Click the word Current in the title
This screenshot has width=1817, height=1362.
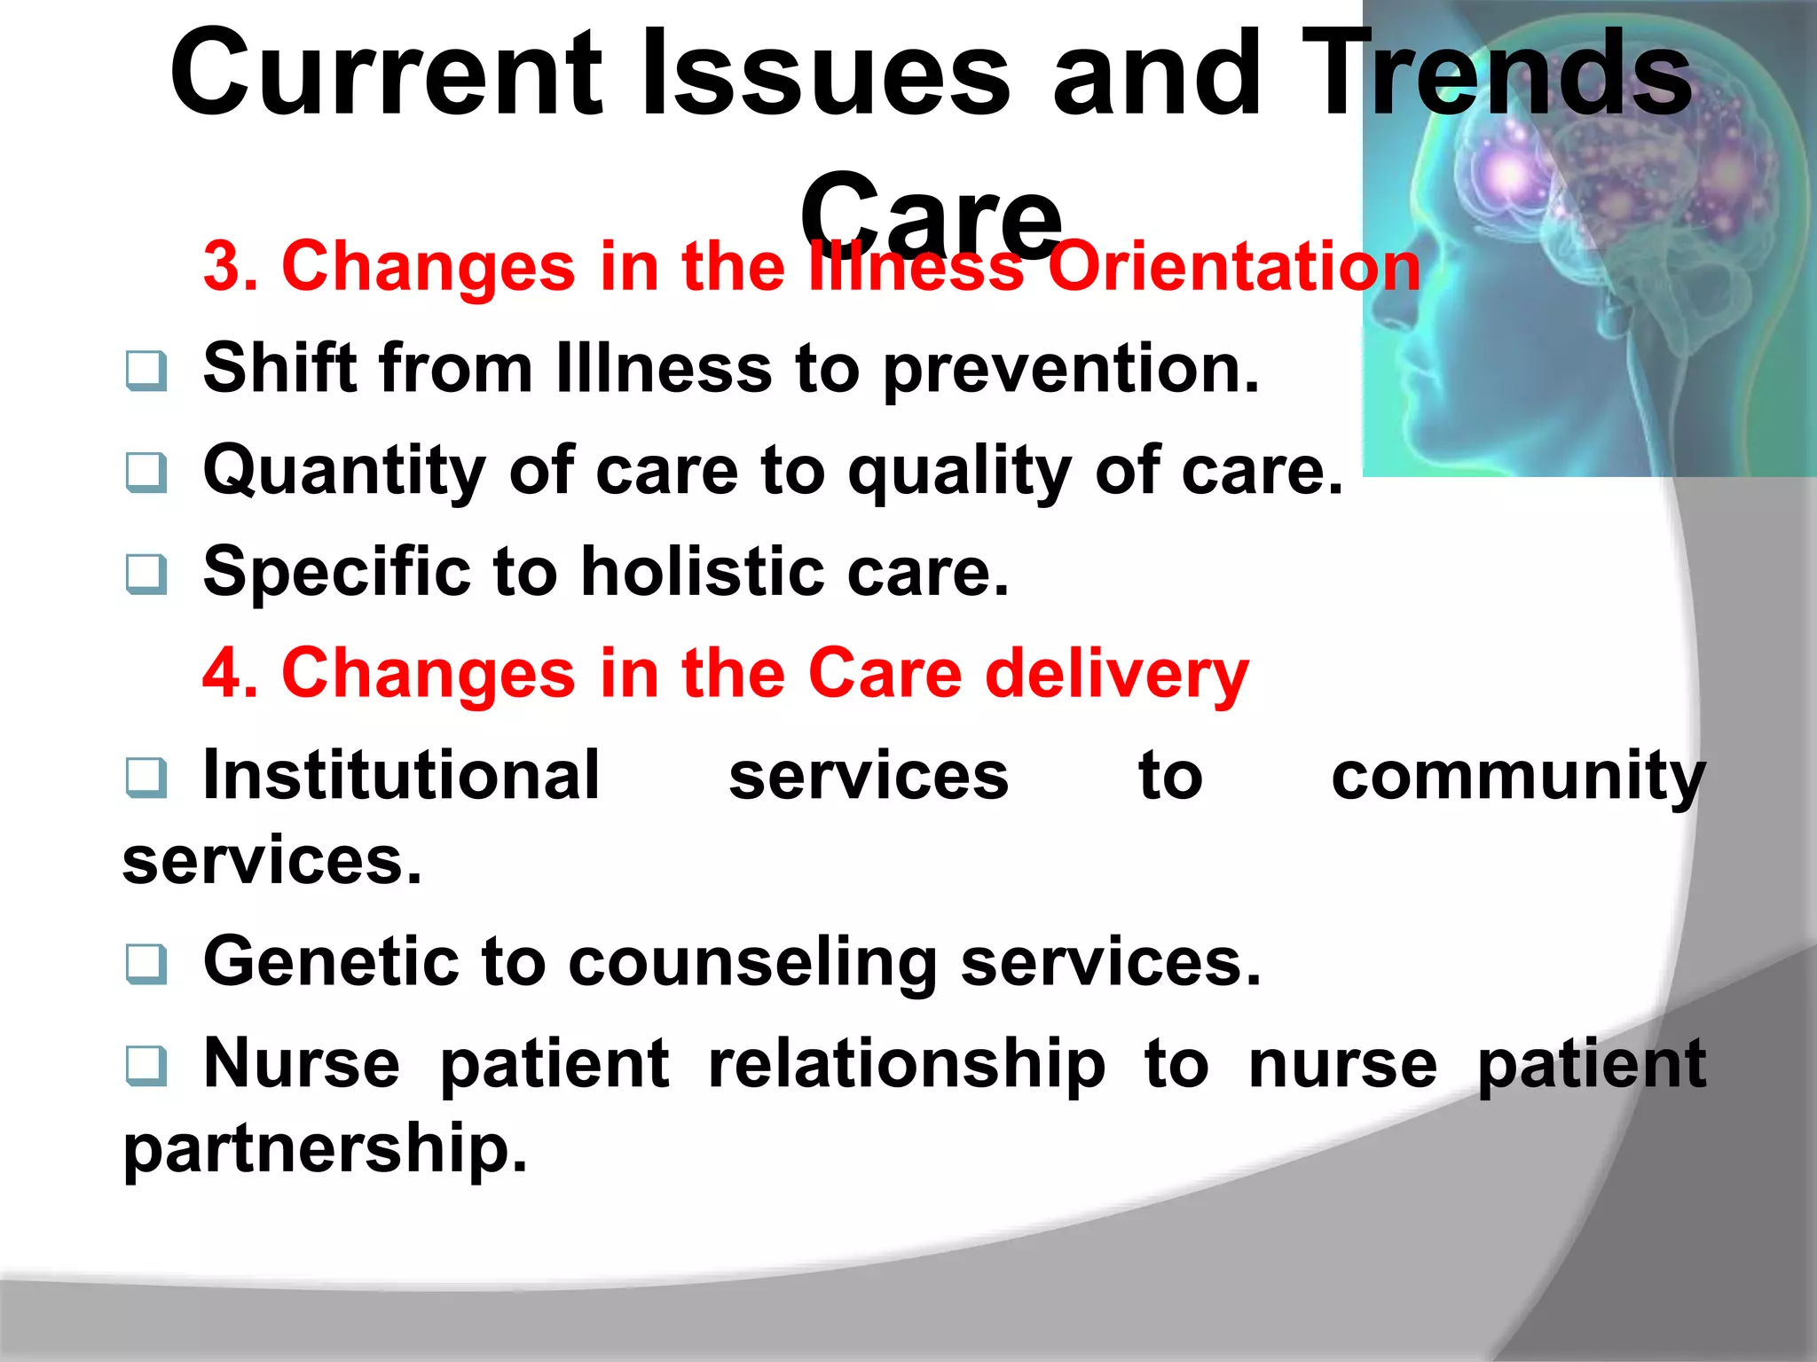pyautogui.click(x=387, y=75)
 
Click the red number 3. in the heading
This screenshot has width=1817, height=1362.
pyautogui.click(x=231, y=266)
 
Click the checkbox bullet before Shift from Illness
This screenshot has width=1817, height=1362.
pyautogui.click(x=146, y=371)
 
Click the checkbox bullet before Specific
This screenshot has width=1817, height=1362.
pyautogui.click(x=146, y=574)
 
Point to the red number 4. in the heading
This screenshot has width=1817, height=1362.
pyautogui.click(x=231, y=674)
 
